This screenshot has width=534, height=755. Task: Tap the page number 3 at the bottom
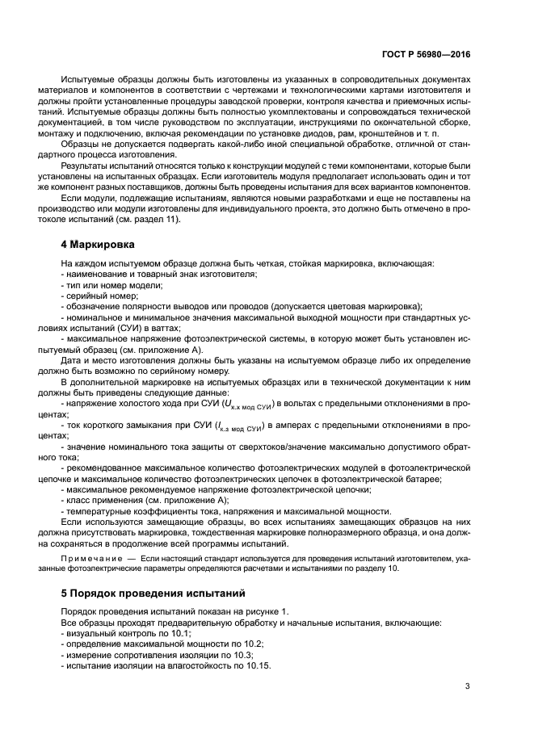(x=468, y=687)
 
